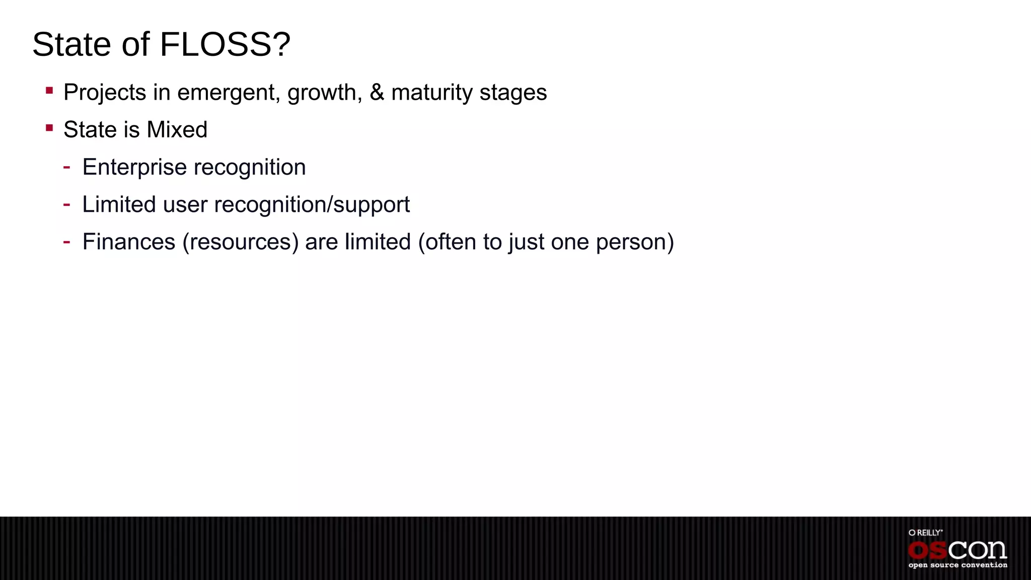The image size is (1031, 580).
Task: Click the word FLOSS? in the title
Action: [225, 44]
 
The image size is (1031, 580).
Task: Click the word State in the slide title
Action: [71, 44]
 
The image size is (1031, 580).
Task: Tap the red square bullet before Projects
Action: [49, 91]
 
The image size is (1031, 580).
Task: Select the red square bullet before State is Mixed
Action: [49, 128]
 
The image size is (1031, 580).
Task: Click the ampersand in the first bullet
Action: [377, 92]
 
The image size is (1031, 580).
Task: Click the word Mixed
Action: [177, 130]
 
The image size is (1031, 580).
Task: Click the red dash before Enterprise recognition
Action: [66, 167]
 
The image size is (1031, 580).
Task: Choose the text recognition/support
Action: [312, 205]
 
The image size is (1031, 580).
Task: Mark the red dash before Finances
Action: [66, 242]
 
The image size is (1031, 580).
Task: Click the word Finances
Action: [128, 242]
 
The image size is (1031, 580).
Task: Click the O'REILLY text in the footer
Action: [925, 533]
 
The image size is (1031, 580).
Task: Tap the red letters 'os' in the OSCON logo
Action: [927, 550]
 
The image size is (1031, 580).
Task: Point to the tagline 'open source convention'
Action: [958, 565]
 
